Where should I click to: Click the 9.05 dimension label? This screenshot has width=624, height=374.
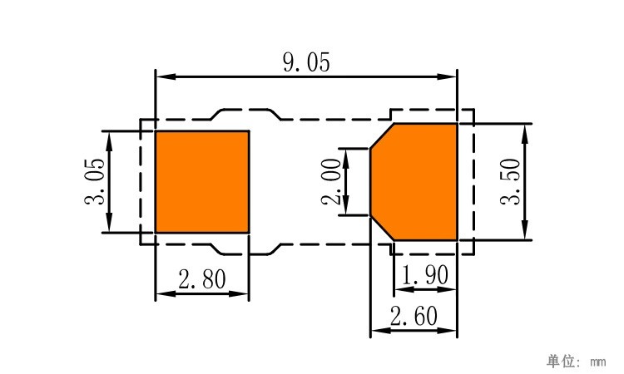[306, 62]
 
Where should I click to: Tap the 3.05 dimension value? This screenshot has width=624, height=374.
[95, 181]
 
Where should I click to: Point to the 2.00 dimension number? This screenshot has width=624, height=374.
[331, 181]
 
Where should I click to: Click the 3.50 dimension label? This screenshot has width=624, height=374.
[510, 181]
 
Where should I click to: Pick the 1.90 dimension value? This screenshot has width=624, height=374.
[425, 275]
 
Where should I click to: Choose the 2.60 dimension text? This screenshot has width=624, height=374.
[414, 317]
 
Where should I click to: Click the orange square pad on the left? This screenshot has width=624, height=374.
[202, 182]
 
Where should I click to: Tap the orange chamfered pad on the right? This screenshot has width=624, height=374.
[414, 182]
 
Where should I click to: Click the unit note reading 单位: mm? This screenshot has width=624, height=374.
[576, 362]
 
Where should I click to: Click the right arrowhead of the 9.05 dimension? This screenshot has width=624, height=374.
[447, 76]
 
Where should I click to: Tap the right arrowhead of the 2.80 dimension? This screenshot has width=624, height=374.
[239, 294]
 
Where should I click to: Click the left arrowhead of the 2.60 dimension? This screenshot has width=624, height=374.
[380, 330]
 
